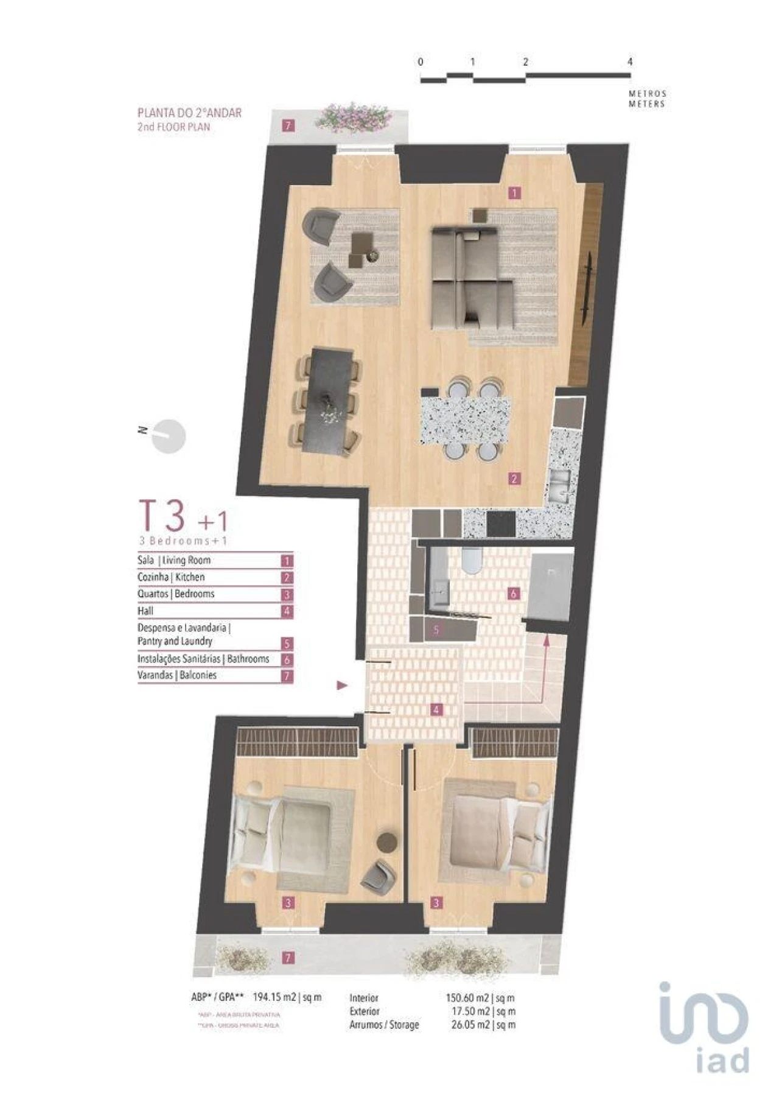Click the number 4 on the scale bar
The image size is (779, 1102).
point(630,61)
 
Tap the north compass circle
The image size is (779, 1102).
point(168,437)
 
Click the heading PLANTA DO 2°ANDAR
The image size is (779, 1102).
point(189,113)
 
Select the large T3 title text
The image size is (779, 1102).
point(162,516)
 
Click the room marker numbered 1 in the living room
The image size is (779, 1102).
point(514,193)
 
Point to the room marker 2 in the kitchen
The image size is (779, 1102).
point(514,479)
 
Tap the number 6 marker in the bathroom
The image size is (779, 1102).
point(514,593)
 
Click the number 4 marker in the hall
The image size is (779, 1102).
point(436,709)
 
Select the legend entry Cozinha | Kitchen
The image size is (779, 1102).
point(171,577)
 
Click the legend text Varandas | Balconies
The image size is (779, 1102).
point(177,675)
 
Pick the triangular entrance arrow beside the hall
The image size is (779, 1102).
point(342,686)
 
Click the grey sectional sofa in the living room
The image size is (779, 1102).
point(470,277)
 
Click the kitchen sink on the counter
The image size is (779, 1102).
point(559,484)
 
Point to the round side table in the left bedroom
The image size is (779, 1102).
point(386,842)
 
